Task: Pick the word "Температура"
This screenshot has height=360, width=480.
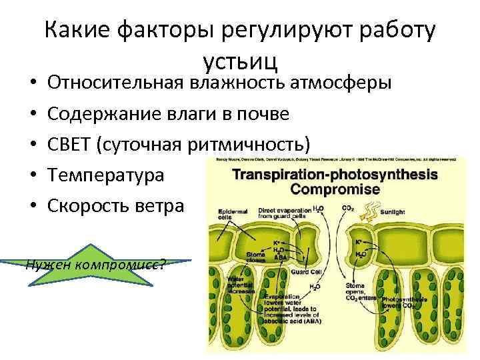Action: [105, 175]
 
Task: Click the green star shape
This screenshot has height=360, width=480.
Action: [99, 263]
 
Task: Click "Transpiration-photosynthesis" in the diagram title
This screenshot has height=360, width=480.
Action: [333, 174]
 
